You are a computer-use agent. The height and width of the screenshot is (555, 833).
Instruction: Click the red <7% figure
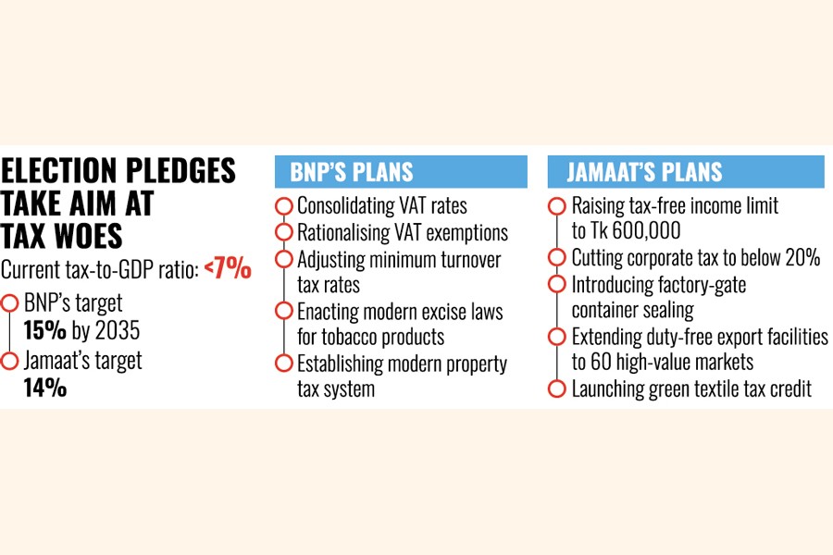coord(228,269)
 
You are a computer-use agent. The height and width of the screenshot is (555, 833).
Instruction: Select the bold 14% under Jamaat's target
coord(44,388)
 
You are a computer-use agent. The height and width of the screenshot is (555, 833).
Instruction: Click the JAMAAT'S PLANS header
coord(635,172)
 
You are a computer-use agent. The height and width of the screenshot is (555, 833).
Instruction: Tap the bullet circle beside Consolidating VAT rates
coord(284,205)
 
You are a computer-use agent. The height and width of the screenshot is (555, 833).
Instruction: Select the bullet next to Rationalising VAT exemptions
coord(284,232)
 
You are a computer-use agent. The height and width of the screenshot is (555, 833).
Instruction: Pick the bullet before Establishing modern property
coord(284,363)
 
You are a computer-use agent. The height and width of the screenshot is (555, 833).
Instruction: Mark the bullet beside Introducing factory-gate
coord(556,284)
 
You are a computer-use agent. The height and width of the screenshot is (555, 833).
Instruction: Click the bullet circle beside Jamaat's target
coord(10,361)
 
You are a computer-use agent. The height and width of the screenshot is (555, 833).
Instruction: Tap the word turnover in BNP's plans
coord(466,258)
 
